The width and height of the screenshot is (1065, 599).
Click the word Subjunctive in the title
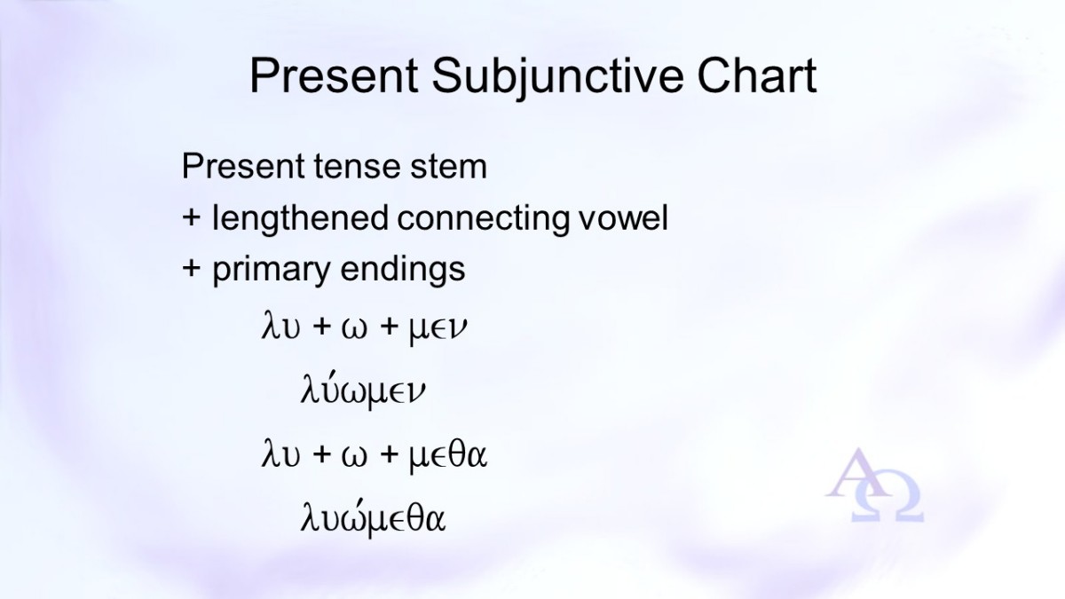(557, 76)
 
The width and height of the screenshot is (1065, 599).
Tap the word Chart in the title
(757, 75)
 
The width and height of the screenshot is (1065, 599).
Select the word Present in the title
(334, 75)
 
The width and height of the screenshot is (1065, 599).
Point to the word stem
(449, 167)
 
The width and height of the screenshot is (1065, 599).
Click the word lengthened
(300, 218)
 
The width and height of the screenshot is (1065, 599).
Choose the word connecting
(483, 218)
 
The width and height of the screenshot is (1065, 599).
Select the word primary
(271, 270)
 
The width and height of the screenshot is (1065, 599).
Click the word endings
(403, 270)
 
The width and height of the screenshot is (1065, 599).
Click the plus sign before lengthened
(191, 218)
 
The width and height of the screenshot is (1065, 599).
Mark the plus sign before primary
(191, 269)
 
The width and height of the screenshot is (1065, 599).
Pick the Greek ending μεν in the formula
(438, 329)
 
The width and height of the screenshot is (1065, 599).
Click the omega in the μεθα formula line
(354, 456)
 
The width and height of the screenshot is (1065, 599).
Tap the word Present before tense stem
(242, 167)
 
